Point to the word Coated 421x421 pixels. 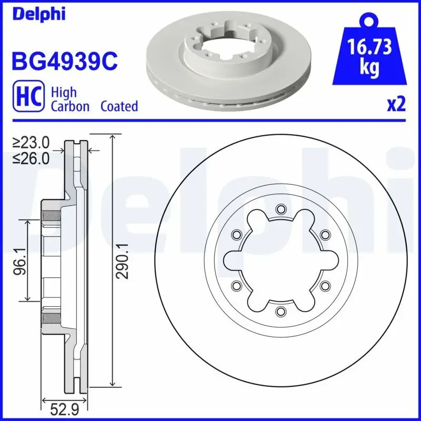coord(119,106)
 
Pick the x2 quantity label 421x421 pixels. coord(396,105)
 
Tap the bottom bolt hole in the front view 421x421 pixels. coord(280,311)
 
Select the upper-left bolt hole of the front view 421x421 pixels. coord(235,234)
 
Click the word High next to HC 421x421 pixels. coord(64,92)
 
